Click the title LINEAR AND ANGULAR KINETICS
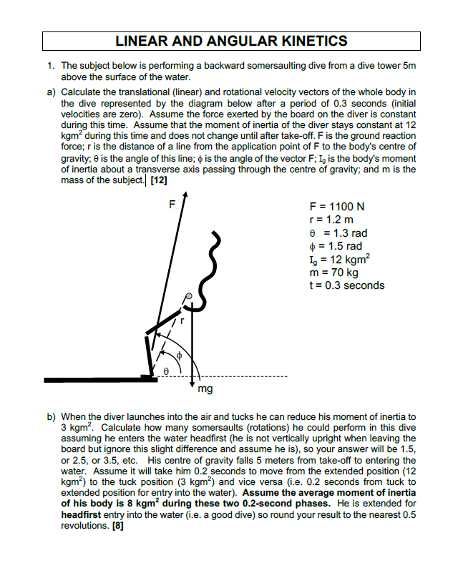(231, 41)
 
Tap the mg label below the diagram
(205, 390)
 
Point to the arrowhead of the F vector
(185, 195)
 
